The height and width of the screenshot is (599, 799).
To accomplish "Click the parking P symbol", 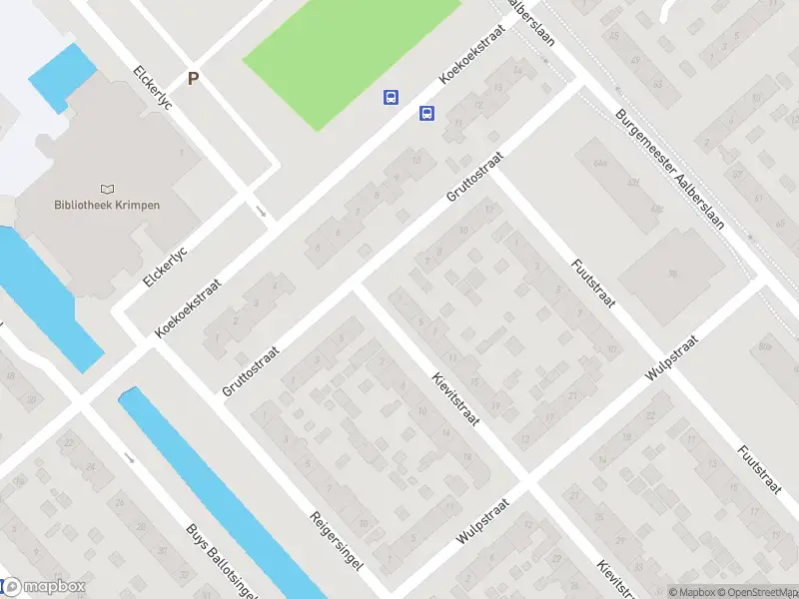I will click(x=193, y=78).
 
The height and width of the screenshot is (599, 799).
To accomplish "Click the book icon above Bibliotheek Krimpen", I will click(x=108, y=188).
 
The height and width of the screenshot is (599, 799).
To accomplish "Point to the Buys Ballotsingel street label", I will click(x=223, y=563).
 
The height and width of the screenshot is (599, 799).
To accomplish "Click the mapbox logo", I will click(x=44, y=587).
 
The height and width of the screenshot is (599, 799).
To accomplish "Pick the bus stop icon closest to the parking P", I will click(x=391, y=97).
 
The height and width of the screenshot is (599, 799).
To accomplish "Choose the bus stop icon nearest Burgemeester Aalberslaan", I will click(x=426, y=113).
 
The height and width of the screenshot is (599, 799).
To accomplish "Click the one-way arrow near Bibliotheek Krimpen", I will click(x=262, y=211).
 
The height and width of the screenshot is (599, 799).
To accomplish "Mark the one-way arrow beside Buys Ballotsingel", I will click(x=130, y=457).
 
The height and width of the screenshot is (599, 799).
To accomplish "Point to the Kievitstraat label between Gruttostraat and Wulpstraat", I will click(x=456, y=399).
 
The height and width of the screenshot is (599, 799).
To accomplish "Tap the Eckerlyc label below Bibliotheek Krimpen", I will click(x=166, y=263).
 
